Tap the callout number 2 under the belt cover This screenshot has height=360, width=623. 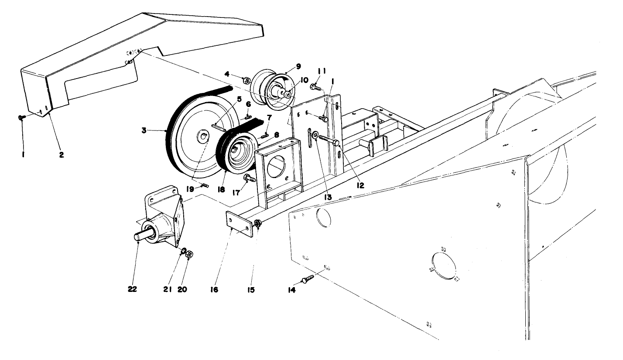click(62, 154)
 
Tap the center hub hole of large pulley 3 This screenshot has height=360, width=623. click(203, 138)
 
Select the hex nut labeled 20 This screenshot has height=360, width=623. click(190, 254)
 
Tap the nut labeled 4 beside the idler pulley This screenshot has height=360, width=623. click(246, 80)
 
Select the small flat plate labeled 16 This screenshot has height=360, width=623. click(240, 223)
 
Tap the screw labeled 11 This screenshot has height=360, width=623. click(315, 87)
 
